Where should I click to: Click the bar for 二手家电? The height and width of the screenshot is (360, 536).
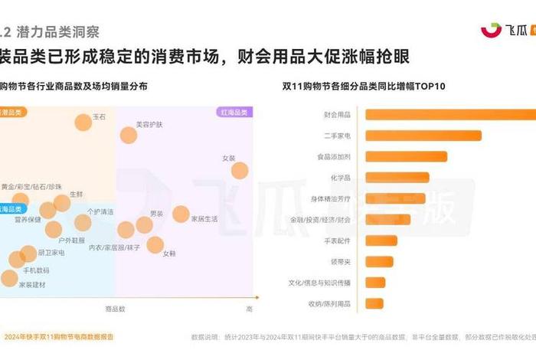click(x=423, y=136)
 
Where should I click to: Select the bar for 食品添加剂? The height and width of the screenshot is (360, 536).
click(x=406, y=156)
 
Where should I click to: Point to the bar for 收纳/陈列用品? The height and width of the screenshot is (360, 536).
click(x=374, y=303)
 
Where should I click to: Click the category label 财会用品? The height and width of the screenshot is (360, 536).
click(x=337, y=115)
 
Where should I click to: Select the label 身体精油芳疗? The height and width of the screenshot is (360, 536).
click(x=330, y=198)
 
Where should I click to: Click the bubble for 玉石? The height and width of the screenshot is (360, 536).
click(x=83, y=122)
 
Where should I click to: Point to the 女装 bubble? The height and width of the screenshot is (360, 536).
click(x=240, y=170)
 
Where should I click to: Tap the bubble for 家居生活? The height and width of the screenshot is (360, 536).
click(x=181, y=214)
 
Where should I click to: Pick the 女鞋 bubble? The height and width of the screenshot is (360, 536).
click(x=155, y=244)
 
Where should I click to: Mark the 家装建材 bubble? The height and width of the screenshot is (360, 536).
click(x=9, y=277)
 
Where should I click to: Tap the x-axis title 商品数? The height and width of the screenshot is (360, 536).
click(x=115, y=309)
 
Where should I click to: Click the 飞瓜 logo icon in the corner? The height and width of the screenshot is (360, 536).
click(x=491, y=31)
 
